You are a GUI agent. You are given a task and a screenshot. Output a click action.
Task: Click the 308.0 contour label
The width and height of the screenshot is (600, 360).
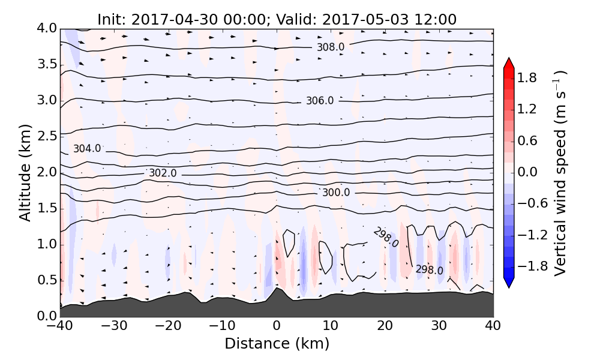[x=330, y=47]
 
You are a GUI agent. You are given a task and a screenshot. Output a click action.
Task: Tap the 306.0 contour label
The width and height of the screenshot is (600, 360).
[x=319, y=101]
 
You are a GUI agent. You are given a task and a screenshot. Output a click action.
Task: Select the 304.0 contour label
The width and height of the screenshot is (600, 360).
[x=87, y=149]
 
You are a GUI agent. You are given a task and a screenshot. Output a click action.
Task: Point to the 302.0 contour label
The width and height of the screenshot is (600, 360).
[x=163, y=173]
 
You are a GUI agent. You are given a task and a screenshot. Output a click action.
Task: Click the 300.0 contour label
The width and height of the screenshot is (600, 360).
[x=335, y=193]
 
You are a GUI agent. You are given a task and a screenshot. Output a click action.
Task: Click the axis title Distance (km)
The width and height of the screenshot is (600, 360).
[x=277, y=344]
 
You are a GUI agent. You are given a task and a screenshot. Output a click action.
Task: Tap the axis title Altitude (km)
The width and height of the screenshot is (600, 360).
[x=25, y=173]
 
